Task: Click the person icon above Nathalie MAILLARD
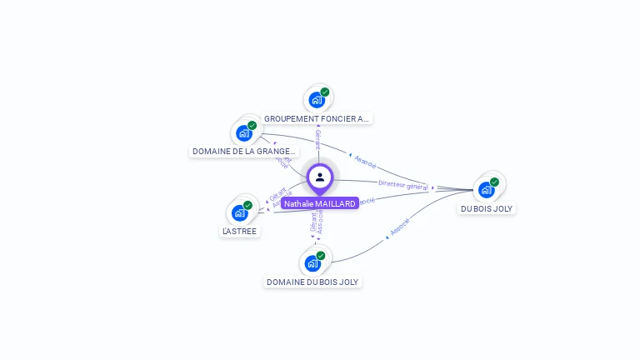pyautogui.click(x=320, y=177)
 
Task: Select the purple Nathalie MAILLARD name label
pyautogui.click(x=320, y=203)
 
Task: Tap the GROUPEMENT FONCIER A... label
pyautogui.click(x=317, y=119)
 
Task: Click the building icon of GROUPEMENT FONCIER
pyautogui.click(x=316, y=101)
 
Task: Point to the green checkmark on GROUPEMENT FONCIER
pyautogui.click(x=325, y=92)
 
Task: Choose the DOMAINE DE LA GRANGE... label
pyautogui.click(x=243, y=152)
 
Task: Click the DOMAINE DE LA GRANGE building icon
pyautogui.click(x=243, y=133)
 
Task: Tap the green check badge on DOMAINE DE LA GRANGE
pyautogui.click(x=252, y=125)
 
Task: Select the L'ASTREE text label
pyautogui.click(x=240, y=231)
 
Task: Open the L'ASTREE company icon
pyautogui.click(x=239, y=213)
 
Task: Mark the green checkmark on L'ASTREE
pyautogui.click(x=247, y=205)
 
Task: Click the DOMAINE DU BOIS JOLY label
pyautogui.click(x=312, y=282)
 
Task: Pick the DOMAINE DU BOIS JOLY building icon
pyautogui.click(x=312, y=264)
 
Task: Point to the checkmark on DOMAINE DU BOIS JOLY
pyautogui.click(x=321, y=256)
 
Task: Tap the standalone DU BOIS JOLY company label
pyautogui.click(x=487, y=208)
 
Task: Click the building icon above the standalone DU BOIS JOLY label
pyautogui.click(x=486, y=190)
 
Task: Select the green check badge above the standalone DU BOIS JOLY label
pyautogui.click(x=494, y=182)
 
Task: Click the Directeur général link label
pyautogui.click(x=402, y=185)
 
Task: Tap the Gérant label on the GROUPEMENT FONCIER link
pyautogui.click(x=317, y=140)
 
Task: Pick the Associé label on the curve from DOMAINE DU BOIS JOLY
pyautogui.click(x=400, y=226)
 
